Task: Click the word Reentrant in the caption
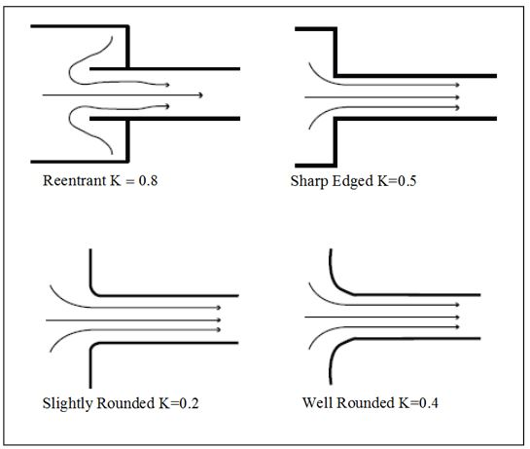coord(73,181)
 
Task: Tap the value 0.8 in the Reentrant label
coord(144,181)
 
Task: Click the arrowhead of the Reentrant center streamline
coord(199,95)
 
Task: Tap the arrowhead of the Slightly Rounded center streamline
coord(219,319)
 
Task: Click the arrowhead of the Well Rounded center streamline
coord(457,317)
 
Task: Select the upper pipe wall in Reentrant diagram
coord(165,69)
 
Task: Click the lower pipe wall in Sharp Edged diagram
coord(418,119)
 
